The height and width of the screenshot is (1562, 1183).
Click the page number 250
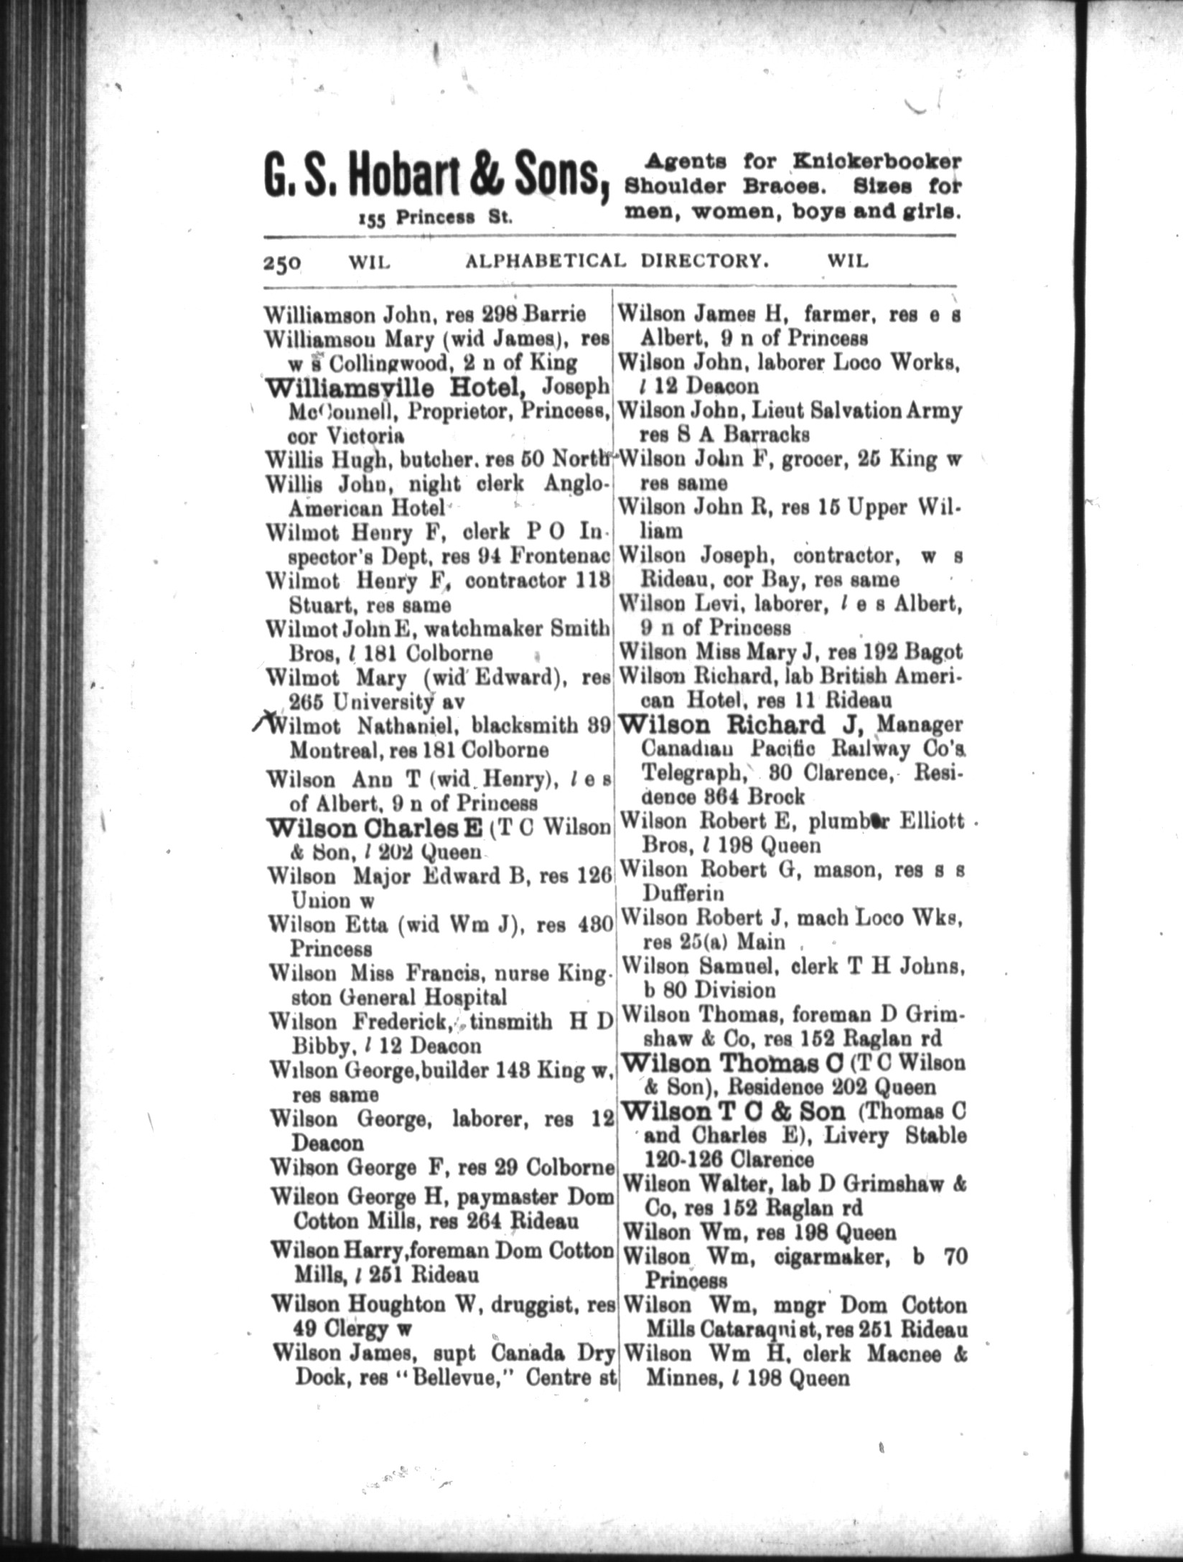click(x=281, y=263)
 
